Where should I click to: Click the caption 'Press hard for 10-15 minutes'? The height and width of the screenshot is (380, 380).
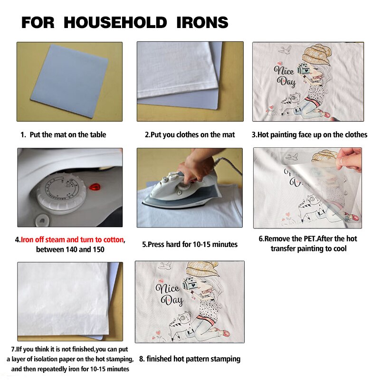click(190, 244)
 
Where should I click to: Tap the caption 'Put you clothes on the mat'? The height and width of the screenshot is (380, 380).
click(190, 134)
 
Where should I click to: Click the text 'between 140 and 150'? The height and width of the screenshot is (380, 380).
click(70, 249)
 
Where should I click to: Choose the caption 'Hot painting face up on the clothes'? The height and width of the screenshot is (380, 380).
click(309, 134)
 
